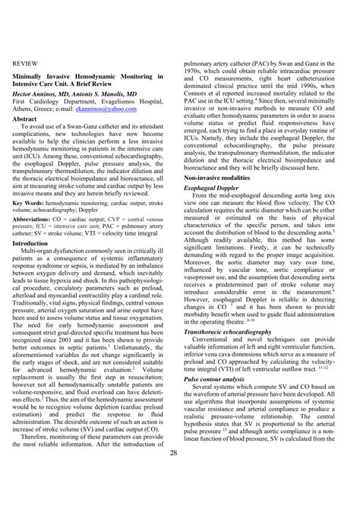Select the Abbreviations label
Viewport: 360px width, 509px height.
point(35,221)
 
